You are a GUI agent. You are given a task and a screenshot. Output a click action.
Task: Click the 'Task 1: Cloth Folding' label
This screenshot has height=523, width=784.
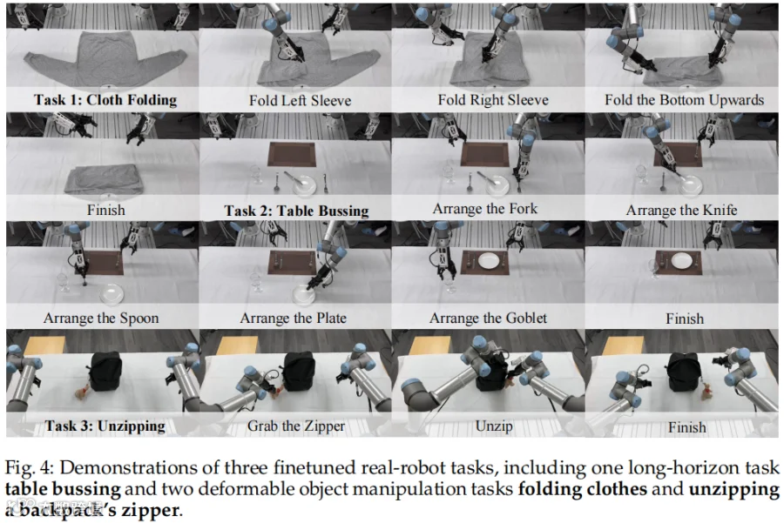(105, 100)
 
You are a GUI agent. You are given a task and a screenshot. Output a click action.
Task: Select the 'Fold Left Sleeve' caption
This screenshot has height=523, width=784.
(300, 100)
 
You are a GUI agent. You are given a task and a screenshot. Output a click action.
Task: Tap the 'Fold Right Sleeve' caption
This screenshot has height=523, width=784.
(493, 100)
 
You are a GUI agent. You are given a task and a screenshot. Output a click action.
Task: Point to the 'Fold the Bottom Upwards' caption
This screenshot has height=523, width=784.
(684, 100)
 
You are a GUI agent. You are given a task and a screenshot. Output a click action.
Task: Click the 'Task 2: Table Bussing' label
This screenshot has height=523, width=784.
(296, 211)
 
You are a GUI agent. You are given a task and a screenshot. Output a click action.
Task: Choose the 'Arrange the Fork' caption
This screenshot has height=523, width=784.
(485, 208)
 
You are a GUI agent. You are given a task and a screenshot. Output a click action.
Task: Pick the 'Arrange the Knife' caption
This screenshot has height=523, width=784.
(681, 210)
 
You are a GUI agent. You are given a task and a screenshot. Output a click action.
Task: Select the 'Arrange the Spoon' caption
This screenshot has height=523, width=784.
(101, 318)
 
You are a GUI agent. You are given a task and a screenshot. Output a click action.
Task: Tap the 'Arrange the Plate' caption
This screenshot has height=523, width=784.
(293, 318)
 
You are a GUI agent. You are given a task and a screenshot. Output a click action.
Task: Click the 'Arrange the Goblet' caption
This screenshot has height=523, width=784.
(488, 318)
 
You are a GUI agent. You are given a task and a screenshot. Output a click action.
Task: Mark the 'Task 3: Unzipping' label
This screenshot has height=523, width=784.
(105, 426)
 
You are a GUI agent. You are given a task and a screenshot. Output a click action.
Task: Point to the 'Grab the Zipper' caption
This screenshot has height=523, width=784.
(296, 426)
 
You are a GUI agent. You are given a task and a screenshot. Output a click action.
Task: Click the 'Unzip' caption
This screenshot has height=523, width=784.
(494, 426)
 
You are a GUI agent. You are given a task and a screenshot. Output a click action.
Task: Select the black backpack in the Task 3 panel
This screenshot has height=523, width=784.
(104, 370)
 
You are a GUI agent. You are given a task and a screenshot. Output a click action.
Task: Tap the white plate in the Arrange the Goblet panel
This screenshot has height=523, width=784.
(488, 260)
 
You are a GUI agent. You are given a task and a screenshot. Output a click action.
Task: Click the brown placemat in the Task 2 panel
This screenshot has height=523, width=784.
(292, 154)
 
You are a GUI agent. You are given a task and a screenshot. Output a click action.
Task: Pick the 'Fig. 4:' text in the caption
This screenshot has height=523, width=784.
(29, 468)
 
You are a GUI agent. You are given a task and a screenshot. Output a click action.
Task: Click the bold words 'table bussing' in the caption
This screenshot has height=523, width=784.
(63, 488)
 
